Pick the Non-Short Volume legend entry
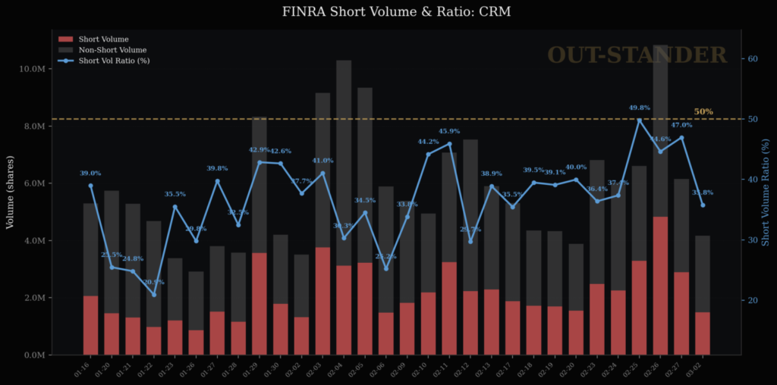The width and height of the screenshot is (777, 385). tap(112, 49)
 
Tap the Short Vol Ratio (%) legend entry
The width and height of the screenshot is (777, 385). tap(114, 61)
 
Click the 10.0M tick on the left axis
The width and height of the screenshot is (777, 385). tap(36, 69)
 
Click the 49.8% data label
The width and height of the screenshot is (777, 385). tap(640, 108)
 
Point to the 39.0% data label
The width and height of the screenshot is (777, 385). tap(90, 174)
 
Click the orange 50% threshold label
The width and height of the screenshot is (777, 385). tap(703, 111)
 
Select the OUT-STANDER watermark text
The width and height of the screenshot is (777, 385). tap(637, 55)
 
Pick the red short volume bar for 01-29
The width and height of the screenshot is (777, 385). tap(260, 303)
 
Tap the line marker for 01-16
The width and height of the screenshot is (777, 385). tap(90, 186)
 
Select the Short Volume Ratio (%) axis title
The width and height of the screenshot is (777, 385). tap(766, 192)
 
